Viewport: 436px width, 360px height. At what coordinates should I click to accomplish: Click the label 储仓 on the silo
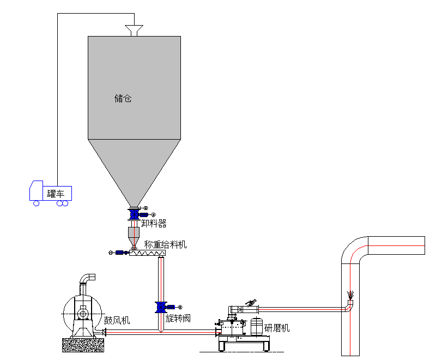click(x=123, y=99)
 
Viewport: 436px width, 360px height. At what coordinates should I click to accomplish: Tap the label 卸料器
click(x=154, y=223)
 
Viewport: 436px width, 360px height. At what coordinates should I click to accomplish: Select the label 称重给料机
click(x=166, y=245)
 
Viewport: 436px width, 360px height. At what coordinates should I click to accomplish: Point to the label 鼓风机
click(x=117, y=320)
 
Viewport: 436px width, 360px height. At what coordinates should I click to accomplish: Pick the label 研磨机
click(x=277, y=328)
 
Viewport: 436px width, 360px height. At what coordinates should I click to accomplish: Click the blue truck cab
click(x=37, y=190)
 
